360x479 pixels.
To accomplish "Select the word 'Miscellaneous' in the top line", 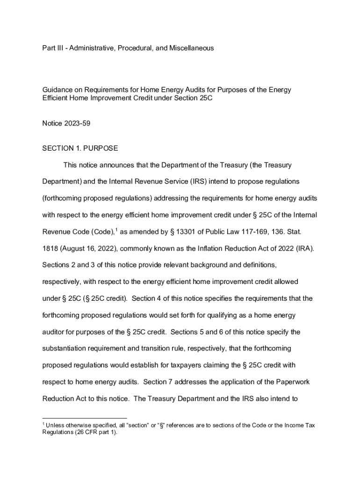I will pos(191,48).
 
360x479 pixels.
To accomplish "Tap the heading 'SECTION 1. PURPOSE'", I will pos(80,148).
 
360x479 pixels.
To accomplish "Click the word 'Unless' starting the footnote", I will pos(57,425).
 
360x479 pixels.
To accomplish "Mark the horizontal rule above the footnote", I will pos(85,418).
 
